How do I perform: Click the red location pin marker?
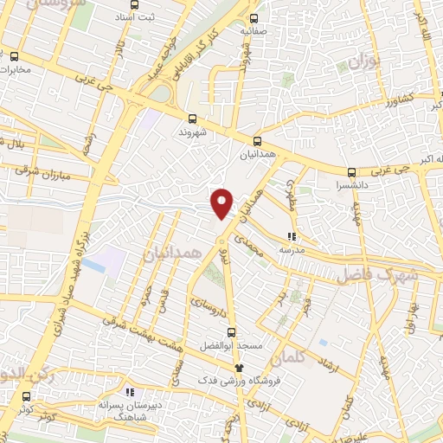[222, 202]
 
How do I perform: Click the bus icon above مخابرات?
[15, 57]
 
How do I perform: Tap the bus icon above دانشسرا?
[351, 171]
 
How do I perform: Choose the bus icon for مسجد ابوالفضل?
[229, 331]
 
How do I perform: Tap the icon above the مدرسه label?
[292, 235]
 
